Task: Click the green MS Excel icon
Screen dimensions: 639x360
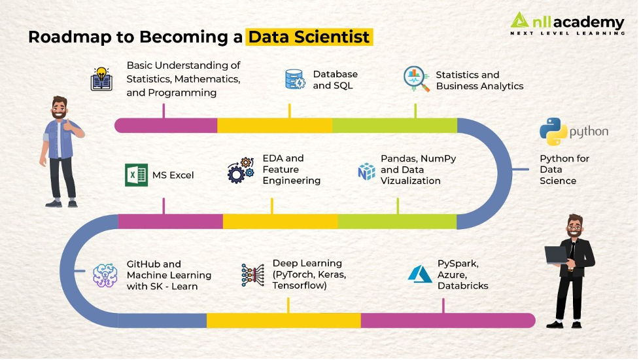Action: [136, 175]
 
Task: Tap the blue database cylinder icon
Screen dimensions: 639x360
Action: [295, 79]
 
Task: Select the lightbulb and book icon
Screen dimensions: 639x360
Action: [101, 79]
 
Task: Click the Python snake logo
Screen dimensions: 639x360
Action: [553, 132]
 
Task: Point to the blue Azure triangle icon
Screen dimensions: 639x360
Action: [420, 274]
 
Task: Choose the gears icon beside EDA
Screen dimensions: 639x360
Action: [241, 170]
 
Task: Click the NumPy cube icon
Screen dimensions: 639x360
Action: [366, 171]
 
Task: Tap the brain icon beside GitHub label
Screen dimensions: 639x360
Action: [105, 275]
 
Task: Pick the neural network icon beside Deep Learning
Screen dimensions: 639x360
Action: [252, 275]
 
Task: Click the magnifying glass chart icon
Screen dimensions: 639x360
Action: [416, 79]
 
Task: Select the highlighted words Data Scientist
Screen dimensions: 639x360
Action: [309, 37]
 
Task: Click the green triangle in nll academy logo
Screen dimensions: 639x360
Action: [519, 20]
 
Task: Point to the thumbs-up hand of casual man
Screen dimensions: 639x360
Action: [71, 125]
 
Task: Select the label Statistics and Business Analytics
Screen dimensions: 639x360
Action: [479, 81]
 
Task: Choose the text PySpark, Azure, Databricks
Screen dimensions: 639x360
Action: [462, 274]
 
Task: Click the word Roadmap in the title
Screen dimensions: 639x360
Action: [70, 37]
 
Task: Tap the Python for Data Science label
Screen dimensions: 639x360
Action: [564, 170]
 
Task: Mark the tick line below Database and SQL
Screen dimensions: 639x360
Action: [289, 111]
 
